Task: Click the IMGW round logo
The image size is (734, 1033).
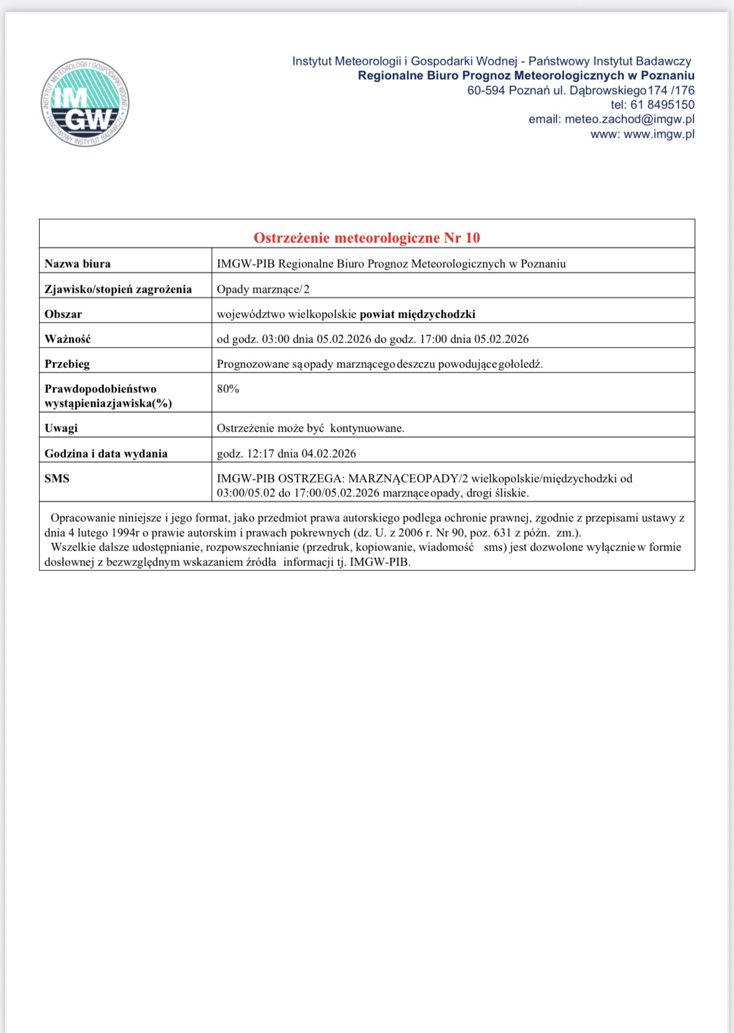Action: pyautogui.click(x=85, y=103)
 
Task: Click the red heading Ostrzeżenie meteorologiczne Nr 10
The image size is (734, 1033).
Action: pyautogui.click(x=367, y=237)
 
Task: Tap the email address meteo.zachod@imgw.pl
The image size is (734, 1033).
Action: pyautogui.click(x=629, y=119)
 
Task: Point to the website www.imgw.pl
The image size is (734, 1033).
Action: pyautogui.click(x=659, y=134)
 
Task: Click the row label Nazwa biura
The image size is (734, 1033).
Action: pyautogui.click(x=78, y=263)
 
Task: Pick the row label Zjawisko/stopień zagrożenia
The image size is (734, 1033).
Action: pyautogui.click(x=118, y=289)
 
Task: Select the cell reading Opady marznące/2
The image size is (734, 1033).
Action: pyautogui.click(x=263, y=289)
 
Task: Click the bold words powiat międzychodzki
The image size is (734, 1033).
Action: pyautogui.click(x=417, y=314)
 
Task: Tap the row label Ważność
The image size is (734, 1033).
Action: pyautogui.click(x=67, y=339)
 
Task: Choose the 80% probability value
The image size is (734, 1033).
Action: pyautogui.click(x=228, y=389)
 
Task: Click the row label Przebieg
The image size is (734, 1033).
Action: pyautogui.click(x=67, y=364)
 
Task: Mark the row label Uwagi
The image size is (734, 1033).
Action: pyautogui.click(x=61, y=428)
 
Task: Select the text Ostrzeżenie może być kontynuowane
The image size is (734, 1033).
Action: pyautogui.click(x=311, y=428)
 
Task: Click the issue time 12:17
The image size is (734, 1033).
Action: pyautogui.click(x=260, y=453)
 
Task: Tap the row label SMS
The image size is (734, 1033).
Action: pyautogui.click(x=57, y=478)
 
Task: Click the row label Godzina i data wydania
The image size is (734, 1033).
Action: pyautogui.click(x=106, y=453)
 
